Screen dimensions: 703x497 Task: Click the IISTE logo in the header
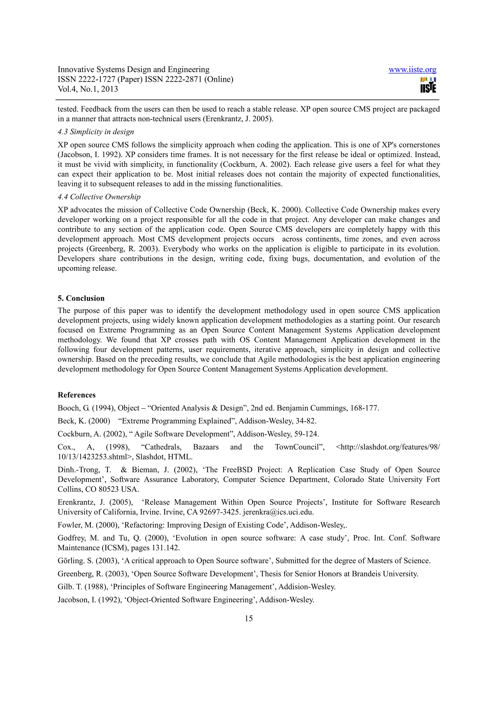[428, 85]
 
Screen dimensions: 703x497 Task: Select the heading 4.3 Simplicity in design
[96, 132]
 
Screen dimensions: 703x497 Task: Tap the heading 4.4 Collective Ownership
[99, 197]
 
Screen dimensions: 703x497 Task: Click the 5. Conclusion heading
[81, 298]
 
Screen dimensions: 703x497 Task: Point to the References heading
[76, 395]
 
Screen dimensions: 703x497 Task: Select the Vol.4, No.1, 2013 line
[88, 89]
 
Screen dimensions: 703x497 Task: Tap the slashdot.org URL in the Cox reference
[388, 447]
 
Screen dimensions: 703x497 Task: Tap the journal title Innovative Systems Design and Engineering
[133, 70]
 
